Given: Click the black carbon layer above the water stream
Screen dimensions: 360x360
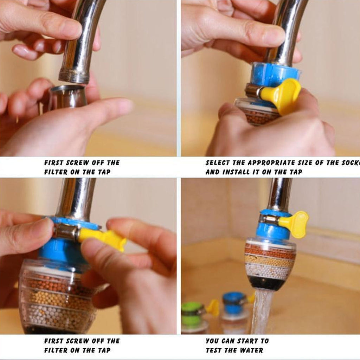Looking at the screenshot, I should click(265, 282).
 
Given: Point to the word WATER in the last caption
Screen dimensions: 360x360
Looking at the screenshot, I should click(251, 350).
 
